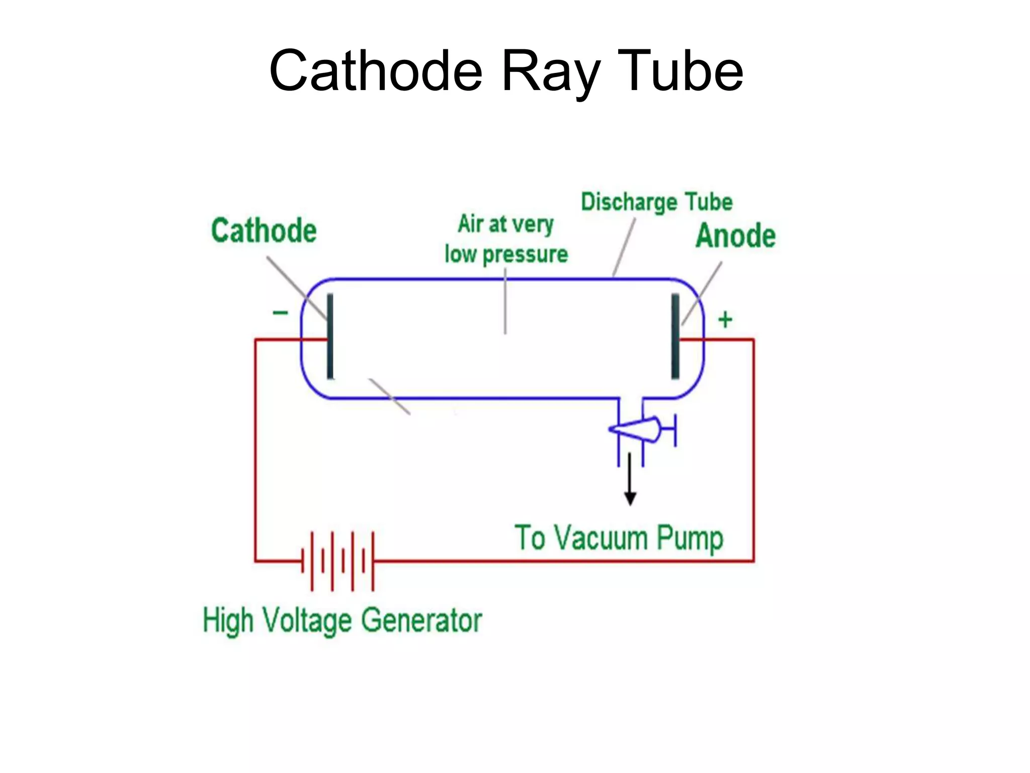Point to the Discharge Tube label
click(656, 202)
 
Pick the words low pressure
click(506, 254)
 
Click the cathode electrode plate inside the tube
click(330, 336)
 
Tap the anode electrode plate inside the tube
click(675, 336)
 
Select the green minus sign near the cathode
click(280, 313)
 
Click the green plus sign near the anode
click(725, 320)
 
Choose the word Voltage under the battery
click(307, 620)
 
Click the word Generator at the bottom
click(421, 620)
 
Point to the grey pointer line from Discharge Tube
click(624, 247)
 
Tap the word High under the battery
click(227, 620)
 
